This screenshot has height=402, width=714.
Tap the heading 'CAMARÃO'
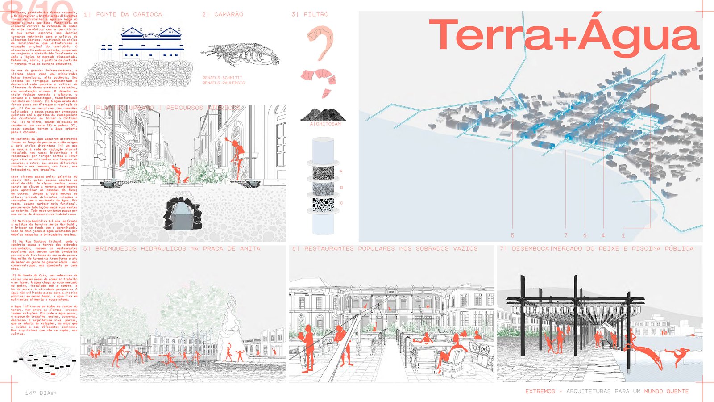click(228, 14)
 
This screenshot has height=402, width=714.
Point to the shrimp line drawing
click(241, 54)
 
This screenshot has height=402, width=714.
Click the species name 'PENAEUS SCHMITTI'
click(222, 78)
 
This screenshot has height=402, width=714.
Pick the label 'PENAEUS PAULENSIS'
click(224, 83)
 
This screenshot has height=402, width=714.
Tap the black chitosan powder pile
click(323, 115)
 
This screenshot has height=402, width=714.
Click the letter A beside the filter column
click(341, 171)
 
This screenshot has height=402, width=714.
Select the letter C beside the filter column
click(341, 203)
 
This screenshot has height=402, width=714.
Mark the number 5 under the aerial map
click(512, 235)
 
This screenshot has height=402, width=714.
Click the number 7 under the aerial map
click(565, 235)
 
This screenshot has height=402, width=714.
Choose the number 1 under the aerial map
click(623, 235)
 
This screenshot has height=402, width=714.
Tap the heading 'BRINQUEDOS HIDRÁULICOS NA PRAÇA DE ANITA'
click(178, 248)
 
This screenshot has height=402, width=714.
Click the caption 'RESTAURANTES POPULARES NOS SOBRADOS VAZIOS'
click(390, 248)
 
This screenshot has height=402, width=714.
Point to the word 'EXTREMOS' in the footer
click(540, 391)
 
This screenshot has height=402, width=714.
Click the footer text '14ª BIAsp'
click(41, 393)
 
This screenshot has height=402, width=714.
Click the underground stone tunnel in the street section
click(183, 213)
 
